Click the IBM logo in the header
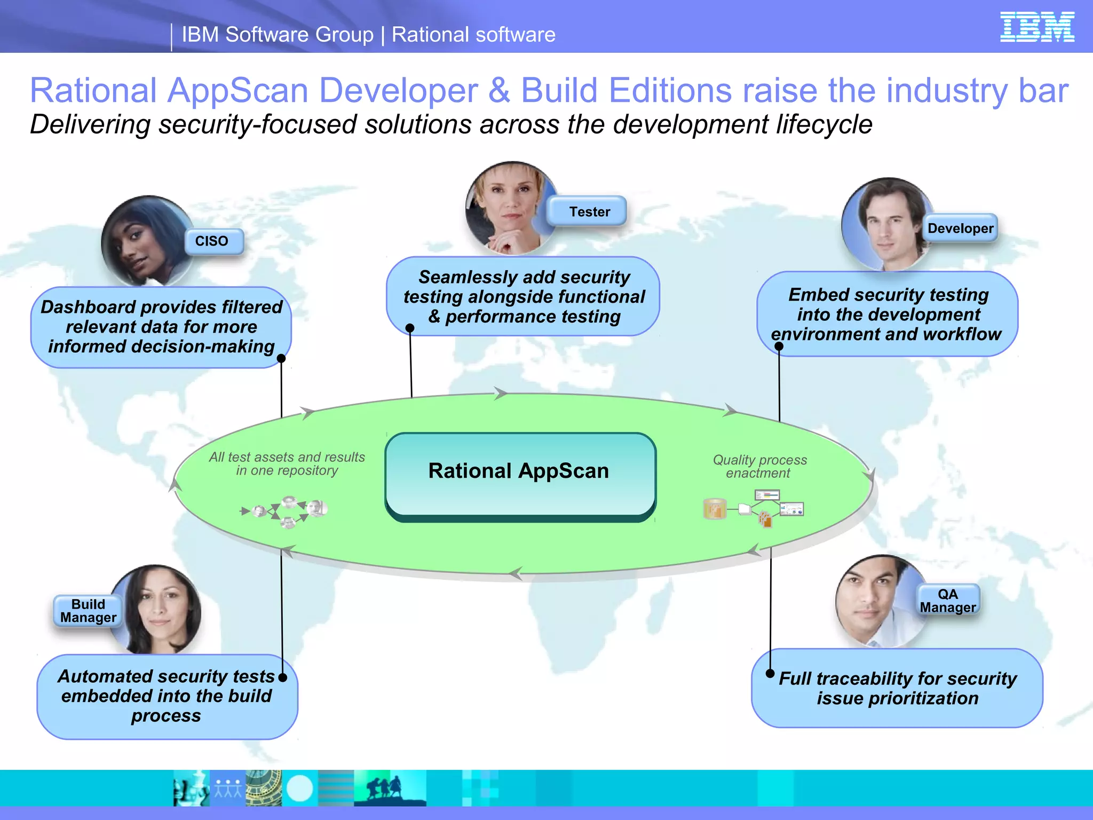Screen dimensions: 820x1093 1036,27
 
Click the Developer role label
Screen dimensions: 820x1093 960,228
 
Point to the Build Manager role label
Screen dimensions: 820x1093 88,611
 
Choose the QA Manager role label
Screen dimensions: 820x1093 948,601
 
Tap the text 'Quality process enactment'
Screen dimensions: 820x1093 759,466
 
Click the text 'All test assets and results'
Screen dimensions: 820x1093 287,458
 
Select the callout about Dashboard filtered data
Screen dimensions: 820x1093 161,327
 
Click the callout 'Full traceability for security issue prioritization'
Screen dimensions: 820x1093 897,688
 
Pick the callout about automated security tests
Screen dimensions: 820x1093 167,696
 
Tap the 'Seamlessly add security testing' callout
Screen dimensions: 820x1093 523,297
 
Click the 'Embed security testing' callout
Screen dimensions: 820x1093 887,314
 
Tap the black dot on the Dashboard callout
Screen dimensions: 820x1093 281,358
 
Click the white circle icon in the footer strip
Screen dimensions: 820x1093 299,788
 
